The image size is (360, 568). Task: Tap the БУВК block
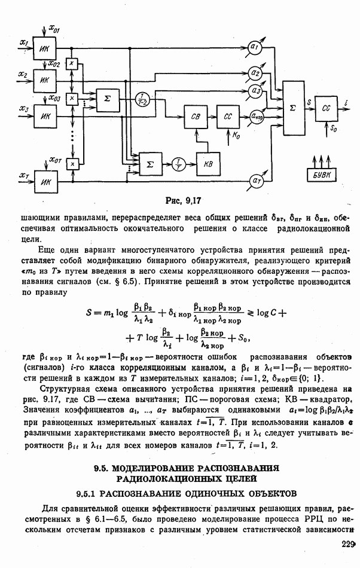pyautogui.click(x=325, y=174)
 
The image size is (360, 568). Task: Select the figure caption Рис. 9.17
pyautogui.click(x=179, y=201)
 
